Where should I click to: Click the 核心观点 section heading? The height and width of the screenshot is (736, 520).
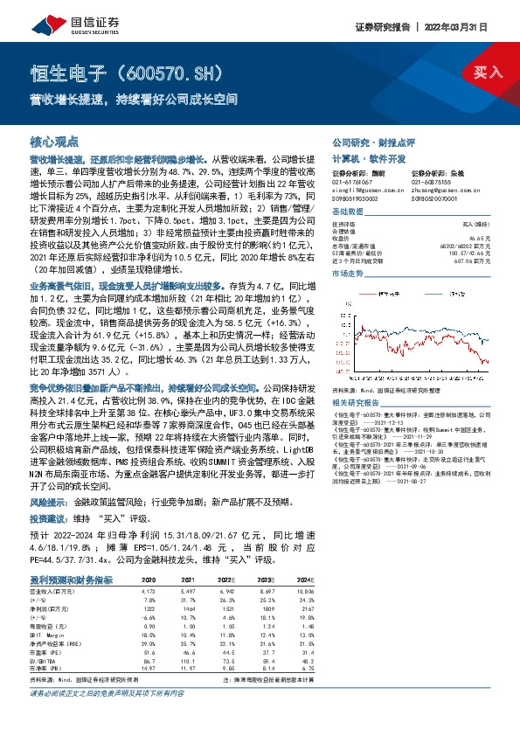54,141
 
